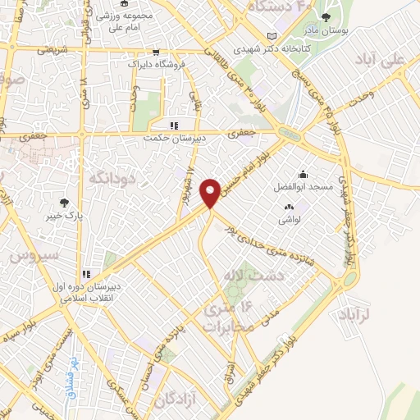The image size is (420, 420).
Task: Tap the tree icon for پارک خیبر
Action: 64,203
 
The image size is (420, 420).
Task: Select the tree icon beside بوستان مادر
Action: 326,17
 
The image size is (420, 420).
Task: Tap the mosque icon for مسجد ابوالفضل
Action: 303,173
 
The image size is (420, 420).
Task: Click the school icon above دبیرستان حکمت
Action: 173,126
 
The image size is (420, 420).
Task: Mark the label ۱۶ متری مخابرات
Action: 224,317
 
